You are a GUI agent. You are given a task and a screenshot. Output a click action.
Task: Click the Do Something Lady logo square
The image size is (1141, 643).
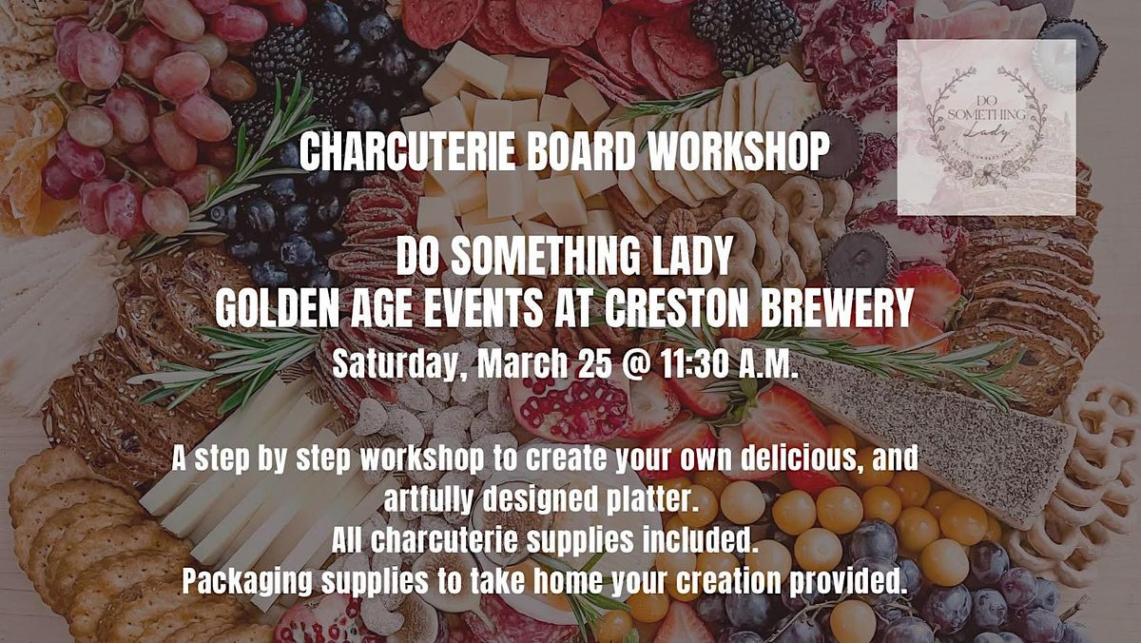pos(986,127)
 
